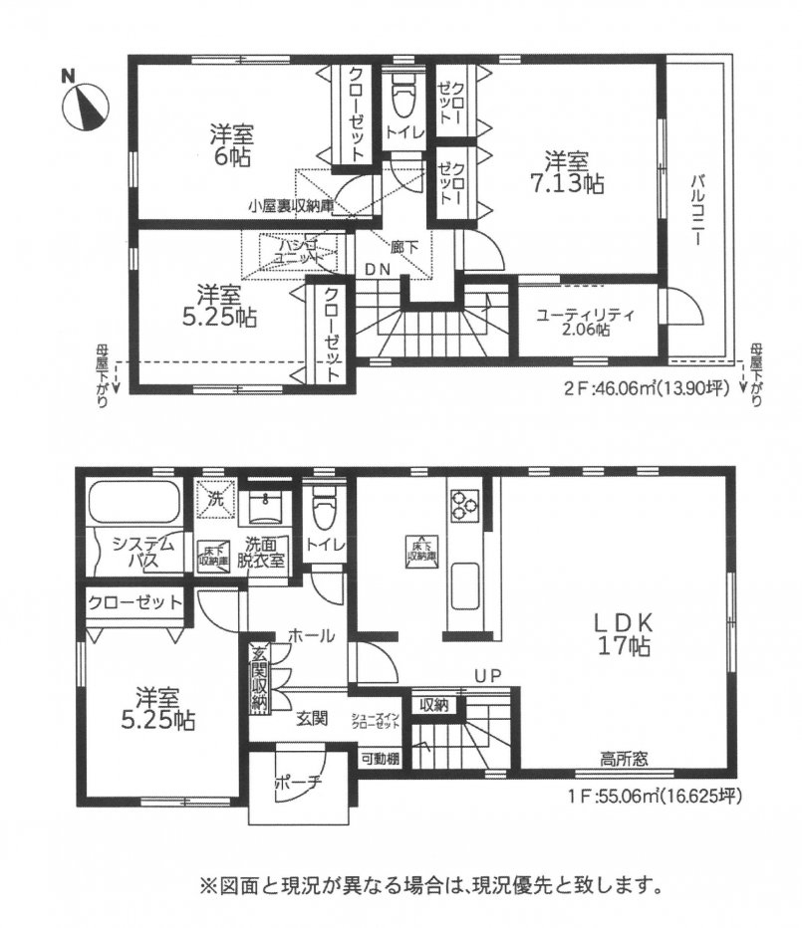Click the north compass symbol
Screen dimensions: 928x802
[87, 105]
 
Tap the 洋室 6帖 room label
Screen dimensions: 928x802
[230, 145]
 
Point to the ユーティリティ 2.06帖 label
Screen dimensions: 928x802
[585, 322]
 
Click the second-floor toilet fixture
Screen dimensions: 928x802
[403, 99]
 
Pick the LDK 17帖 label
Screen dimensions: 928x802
[623, 633]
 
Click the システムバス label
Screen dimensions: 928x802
[144, 553]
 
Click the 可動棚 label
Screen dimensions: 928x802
[380, 758]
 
